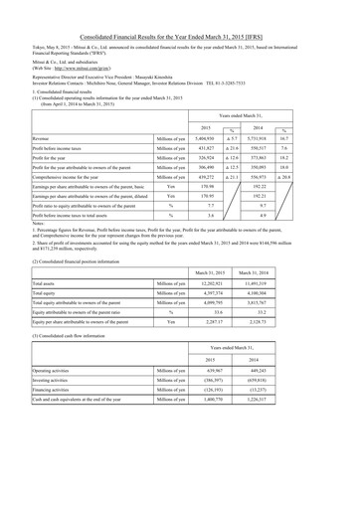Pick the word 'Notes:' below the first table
click(15, 237)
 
